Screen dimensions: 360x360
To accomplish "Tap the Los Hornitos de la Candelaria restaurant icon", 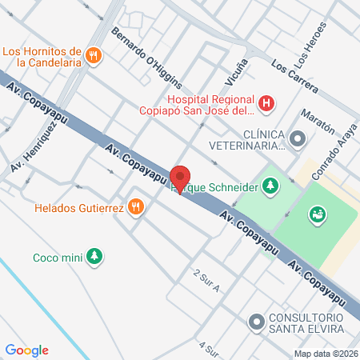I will coord(94,55).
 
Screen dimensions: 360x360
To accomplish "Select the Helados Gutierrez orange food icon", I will coord(137,207).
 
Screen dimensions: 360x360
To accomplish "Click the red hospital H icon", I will coord(267,104).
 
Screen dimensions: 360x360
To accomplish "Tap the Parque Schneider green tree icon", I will coord(270,186).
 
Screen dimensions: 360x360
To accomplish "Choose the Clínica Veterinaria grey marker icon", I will coord(298,140).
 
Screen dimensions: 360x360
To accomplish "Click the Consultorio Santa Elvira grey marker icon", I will coord(256,322).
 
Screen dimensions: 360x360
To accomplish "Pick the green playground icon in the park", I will coord(317,214).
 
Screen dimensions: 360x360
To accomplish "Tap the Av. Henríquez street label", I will coord(32,145).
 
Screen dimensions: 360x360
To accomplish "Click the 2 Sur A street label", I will coord(206,282).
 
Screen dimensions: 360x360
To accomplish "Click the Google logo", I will coord(26,350).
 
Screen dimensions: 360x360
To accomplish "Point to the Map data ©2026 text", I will coord(326,354).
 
